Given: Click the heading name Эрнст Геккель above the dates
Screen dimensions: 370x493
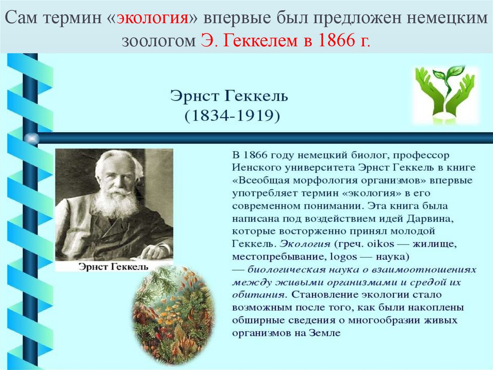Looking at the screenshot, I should [x=229, y=96].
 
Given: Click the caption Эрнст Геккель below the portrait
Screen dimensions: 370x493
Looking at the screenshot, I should [x=113, y=267].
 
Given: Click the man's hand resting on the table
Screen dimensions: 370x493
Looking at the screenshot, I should [x=156, y=250].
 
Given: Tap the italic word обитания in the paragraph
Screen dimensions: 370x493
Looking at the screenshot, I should [x=252, y=294].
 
